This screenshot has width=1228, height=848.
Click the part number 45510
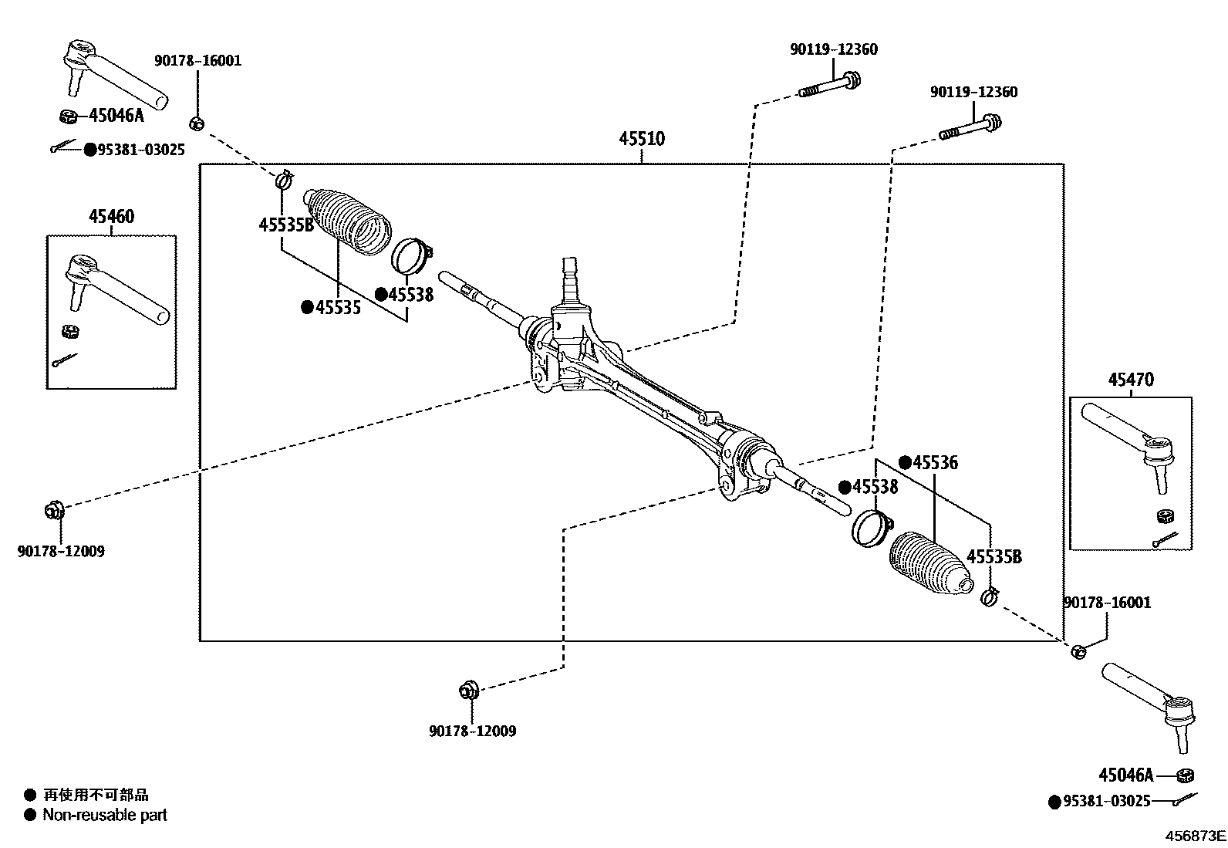point(641,139)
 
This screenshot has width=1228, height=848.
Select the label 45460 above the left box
point(111,217)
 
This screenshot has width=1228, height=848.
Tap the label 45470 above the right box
point(1131,380)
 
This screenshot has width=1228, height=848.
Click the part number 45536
point(934,463)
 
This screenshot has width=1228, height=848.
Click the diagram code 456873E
point(1195,836)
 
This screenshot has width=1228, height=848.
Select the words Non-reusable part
point(104,815)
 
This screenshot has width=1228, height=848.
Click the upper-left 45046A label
point(116,116)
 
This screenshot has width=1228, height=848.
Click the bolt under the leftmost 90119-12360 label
point(830,85)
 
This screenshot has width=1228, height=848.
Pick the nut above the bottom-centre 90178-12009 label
point(469,690)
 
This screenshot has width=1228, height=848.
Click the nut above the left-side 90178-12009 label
point(53,510)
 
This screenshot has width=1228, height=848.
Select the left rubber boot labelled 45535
point(349,219)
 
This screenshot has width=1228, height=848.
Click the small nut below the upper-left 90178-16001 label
point(196,123)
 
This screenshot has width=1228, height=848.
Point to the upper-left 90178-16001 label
point(197,61)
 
